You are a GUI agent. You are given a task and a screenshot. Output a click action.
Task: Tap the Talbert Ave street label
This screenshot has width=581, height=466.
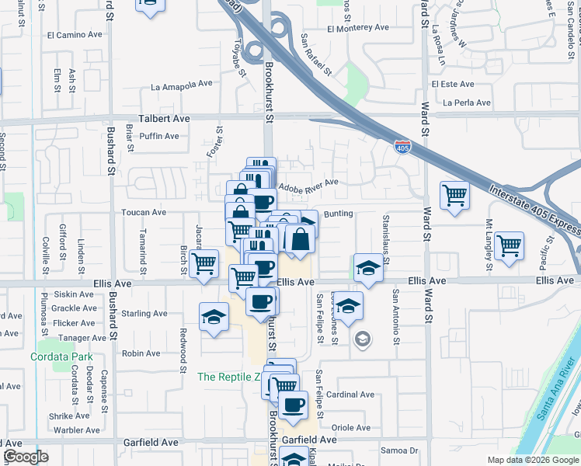click(164, 119)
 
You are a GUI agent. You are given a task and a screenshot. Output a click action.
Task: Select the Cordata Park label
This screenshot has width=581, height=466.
click(55, 357)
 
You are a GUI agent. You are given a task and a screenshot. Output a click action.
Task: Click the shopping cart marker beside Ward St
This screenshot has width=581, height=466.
click(454, 196)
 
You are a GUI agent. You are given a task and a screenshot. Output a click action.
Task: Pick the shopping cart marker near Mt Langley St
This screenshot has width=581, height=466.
click(509, 246)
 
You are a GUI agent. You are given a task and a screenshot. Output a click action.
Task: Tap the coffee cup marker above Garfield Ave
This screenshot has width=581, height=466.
click(293, 405)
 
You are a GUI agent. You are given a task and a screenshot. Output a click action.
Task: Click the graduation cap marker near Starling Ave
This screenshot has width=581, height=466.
click(213, 317)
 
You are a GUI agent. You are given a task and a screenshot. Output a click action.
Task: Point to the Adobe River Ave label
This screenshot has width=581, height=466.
click(308, 183)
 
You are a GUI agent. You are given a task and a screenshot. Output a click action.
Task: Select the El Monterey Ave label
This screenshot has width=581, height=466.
click(357, 29)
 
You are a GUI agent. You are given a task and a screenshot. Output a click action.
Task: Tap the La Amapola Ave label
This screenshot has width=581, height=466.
click(182, 84)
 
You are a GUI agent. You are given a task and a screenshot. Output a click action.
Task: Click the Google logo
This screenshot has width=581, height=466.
click(26, 457)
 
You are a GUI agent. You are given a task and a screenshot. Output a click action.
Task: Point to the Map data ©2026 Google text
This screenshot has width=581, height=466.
click(533, 460)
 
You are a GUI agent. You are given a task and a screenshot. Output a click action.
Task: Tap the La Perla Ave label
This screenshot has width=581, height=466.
click(466, 103)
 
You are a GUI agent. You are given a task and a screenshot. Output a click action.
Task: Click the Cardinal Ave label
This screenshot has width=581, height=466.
click(350, 395)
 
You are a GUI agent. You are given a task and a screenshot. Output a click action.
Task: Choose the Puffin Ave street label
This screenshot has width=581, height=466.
click(159, 137)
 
